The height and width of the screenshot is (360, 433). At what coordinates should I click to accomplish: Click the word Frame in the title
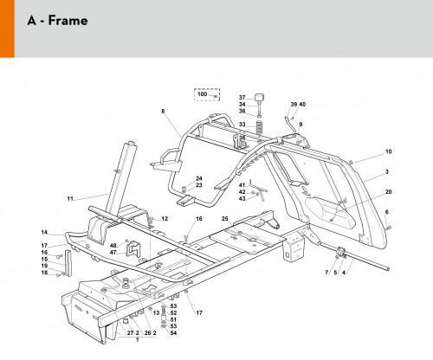tap(68, 21)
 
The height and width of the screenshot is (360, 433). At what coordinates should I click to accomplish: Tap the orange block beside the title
tap(7, 29)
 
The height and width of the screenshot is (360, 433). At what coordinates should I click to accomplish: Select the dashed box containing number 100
tap(207, 94)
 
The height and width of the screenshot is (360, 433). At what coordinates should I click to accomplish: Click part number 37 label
tap(242, 98)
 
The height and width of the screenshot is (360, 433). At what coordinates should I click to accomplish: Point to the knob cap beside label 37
tap(260, 97)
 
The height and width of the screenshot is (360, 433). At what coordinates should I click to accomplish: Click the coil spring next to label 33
tap(260, 127)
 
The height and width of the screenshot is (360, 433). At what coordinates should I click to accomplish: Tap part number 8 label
tap(163, 111)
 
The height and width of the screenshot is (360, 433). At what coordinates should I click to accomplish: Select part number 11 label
tap(70, 198)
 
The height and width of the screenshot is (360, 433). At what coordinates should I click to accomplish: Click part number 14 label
tap(44, 232)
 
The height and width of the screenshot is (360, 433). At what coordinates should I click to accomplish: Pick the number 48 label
tap(113, 246)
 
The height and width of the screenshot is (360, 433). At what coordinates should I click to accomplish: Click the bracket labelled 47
tap(133, 249)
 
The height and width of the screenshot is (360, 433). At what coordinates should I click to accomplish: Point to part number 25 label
tap(225, 219)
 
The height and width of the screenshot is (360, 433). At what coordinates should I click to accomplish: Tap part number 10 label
tap(389, 151)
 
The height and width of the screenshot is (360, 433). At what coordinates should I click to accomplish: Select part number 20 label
tap(389, 192)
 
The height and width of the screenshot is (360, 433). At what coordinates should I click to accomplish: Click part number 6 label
tap(387, 212)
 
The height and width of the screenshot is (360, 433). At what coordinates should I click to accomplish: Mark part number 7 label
tap(326, 273)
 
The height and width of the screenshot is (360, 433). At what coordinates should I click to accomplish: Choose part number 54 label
tap(173, 333)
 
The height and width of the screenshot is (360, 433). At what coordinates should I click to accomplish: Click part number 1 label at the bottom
tap(138, 339)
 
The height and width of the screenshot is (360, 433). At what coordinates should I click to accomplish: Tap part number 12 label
tap(165, 219)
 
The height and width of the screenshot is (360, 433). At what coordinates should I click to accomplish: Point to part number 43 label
tap(242, 198)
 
